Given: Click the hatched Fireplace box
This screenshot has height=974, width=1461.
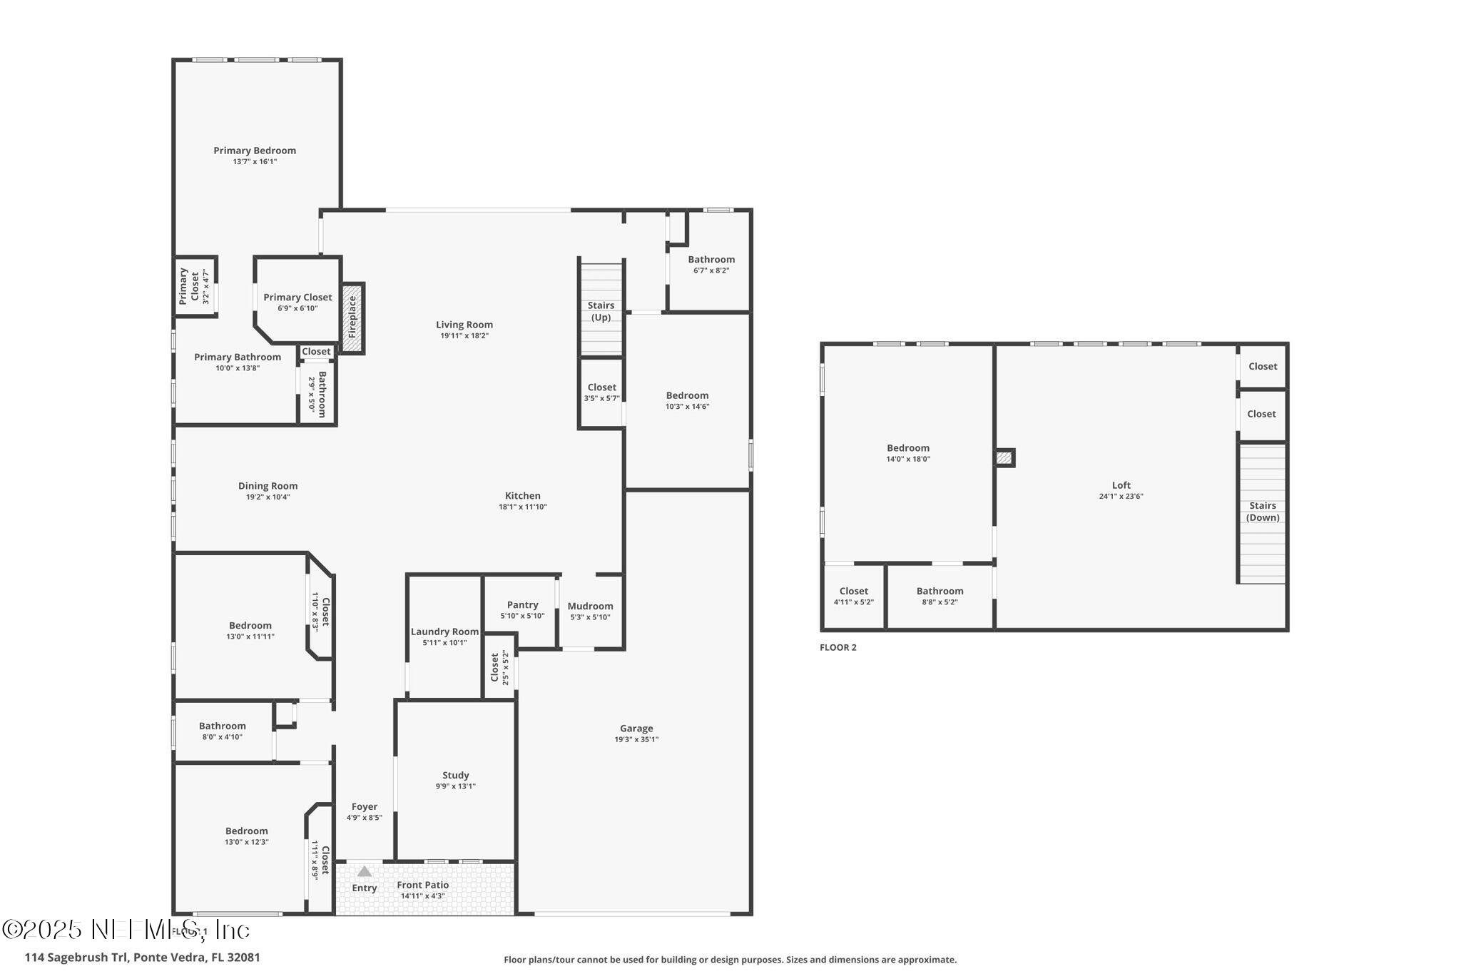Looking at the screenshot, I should (x=352, y=318).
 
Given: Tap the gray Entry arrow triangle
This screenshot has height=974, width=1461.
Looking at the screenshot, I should (x=365, y=871).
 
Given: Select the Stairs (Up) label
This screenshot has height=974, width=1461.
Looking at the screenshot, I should (x=601, y=311).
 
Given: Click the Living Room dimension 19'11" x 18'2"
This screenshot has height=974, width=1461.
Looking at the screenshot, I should (x=464, y=335).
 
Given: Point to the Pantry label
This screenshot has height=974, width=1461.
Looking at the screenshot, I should (x=522, y=605).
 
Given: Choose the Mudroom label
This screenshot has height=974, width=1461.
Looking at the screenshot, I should (x=590, y=607).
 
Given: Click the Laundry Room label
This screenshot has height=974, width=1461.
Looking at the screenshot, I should (x=444, y=631).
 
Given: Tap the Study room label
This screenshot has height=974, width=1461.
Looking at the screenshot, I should (x=455, y=775).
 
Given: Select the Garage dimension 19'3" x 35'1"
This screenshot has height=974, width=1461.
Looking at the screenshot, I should (x=636, y=739).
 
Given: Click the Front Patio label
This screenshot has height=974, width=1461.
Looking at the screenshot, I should (x=423, y=885).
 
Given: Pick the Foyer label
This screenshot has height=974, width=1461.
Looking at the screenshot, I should (x=364, y=807).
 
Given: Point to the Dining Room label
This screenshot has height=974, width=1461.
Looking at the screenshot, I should (x=268, y=486).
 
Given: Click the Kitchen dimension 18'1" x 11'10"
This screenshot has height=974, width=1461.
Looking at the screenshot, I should (x=522, y=507).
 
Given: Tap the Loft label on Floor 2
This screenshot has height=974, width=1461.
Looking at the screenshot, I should (x=1121, y=485).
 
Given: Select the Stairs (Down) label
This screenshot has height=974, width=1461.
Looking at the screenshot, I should (x=1262, y=512).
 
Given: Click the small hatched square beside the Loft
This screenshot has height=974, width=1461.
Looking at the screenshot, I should (x=1004, y=458).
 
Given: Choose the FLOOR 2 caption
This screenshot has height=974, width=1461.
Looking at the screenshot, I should (x=838, y=647).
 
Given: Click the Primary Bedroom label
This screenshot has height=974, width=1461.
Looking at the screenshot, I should (x=255, y=151).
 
